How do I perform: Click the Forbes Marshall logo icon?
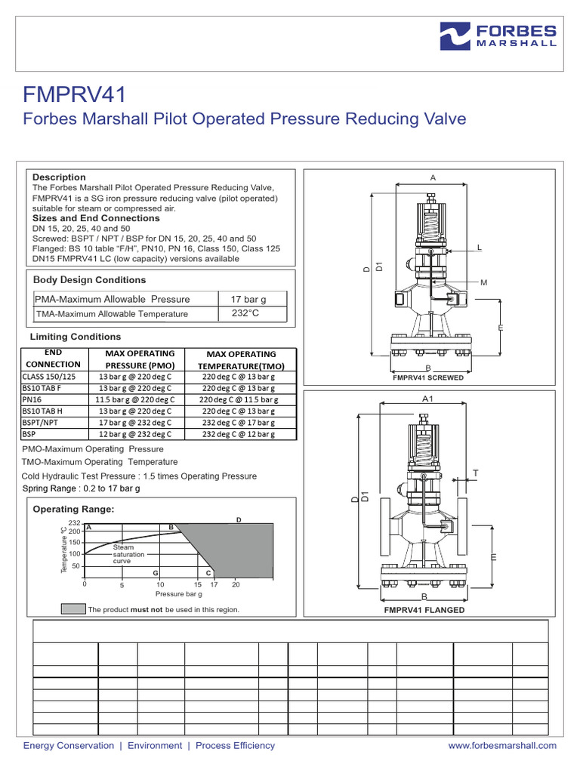pyautogui.click(x=455, y=35)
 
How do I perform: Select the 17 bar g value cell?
pyautogui.click(x=248, y=300)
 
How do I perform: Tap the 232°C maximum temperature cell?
pyautogui.click(x=245, y=313)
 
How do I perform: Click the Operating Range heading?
pyautogui.click(x=73, y=510)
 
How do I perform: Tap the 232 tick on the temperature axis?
pyautogui.click(x=74, y=523)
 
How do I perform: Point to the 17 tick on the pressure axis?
pyautogui.click(x=214, y=585)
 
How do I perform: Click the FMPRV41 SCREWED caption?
pyautogui.click(x=427, y=377)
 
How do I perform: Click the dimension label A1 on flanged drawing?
pyautogui.click(x=427, y=398)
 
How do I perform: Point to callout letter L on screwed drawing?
pyautogui.click(x=479, y=248)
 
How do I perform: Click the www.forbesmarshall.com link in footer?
pyautogui.click(x=502, y=745)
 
